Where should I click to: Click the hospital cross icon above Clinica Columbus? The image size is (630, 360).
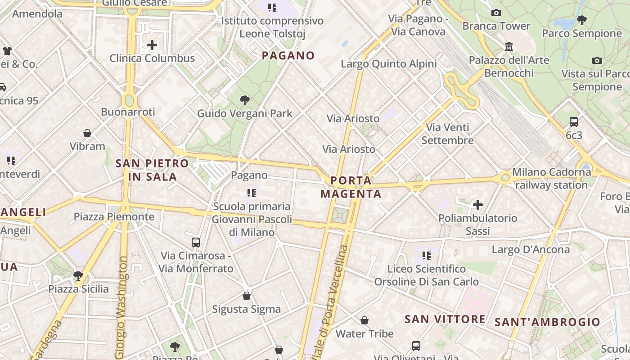click(x=152, y=45)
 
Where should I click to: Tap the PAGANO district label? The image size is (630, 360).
click(x=288, y=56)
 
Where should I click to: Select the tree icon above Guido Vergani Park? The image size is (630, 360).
click(x=245, y=100)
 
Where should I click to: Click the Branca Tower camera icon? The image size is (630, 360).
click(x=496, y=13)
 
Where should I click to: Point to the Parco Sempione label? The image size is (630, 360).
click(x=582, y=33)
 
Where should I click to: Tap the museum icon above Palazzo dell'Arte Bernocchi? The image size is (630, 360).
click(x=509, y=46)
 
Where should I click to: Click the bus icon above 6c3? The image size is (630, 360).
click(x=574, y=121)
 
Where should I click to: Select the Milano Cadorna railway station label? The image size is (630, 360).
click(x=552, y=178)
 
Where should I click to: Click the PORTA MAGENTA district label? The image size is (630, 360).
click(x=351, y=187)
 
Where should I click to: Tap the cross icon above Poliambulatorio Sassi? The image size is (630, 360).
click(x=478, y=205)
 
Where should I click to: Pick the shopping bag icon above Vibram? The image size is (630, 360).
click(x=87, y=133)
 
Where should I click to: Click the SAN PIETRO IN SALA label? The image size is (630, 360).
click(x=152, y=170)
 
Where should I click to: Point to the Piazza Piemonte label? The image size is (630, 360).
click(x=114, y=217)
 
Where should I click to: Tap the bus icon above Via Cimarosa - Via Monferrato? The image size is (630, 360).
click(x=196, y=242)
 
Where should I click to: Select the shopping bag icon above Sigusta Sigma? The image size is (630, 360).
click(x=247, y=296)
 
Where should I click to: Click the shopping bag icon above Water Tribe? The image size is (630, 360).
click(x=364, y=320)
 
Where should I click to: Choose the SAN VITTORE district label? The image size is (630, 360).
click(x=445, y=319)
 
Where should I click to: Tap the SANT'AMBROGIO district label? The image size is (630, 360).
click(x=548, y=322)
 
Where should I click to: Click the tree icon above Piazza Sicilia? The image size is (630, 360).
click(x=78, y=275)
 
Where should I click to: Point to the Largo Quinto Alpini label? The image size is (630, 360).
click(x=389, y=64)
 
